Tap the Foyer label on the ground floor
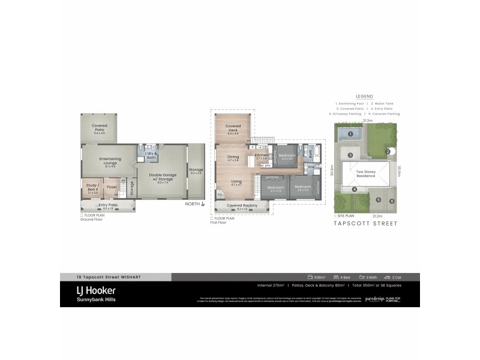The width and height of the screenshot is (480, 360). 112,187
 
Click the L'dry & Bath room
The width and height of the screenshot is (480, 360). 151,155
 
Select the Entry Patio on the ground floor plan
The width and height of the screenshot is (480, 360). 108,206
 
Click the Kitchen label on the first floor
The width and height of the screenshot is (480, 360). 262,156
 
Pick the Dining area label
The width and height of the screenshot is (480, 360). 233,158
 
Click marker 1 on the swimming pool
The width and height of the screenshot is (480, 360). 349,134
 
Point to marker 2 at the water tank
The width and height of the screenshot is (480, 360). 388,151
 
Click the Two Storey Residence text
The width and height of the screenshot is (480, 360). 365,173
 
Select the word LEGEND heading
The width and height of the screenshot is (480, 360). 364,96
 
